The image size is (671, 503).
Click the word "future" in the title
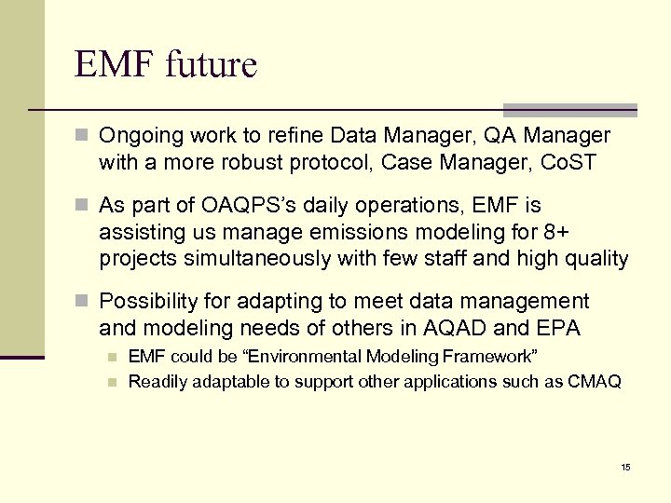(x=211, y=65)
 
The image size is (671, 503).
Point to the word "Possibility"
(x=144, y=301)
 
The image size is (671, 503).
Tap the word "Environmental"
(x=300, y=357)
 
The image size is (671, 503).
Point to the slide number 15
(x=625, y=466)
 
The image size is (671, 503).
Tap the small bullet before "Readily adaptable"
(x=112, y=381)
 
